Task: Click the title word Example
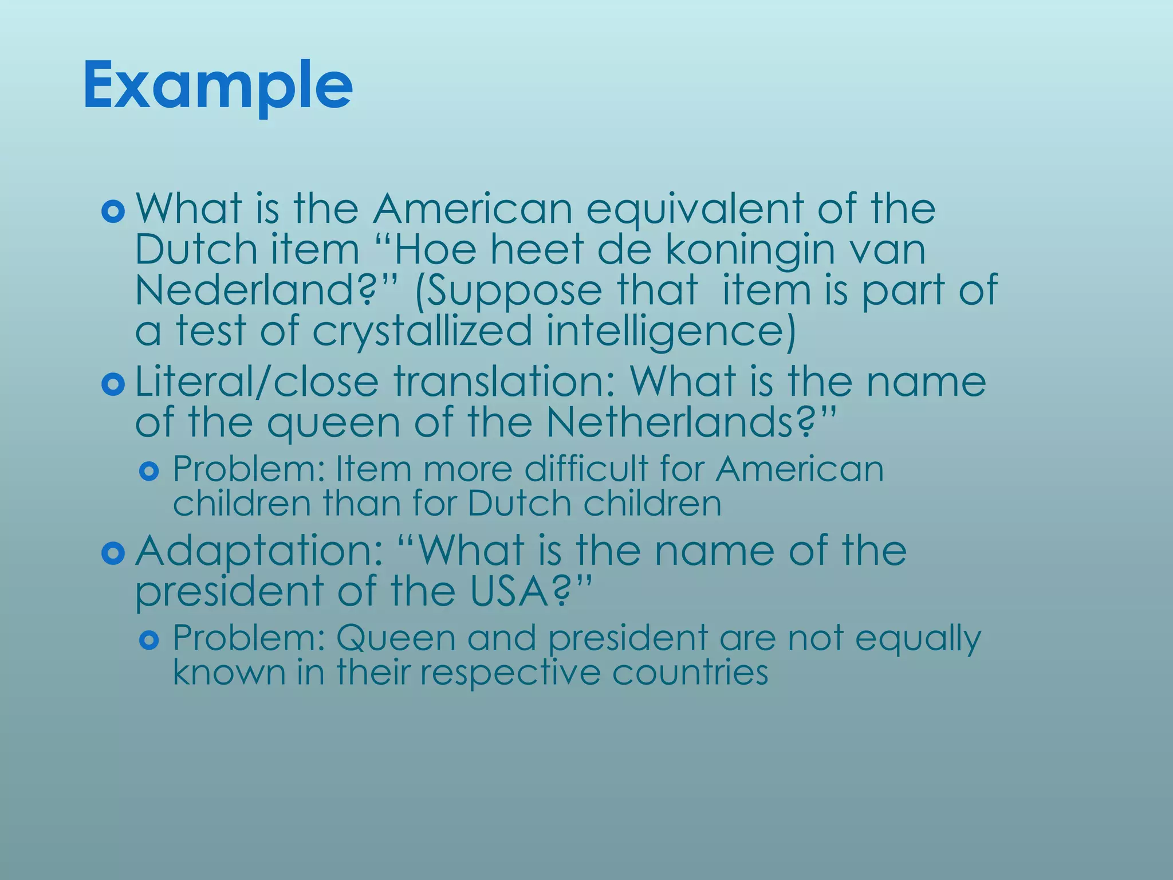pos(218,87)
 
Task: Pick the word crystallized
pos(422,331)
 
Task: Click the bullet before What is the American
pos(113,212)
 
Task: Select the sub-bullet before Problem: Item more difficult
pos(149,472)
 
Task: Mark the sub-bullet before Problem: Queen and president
pos(149,640)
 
